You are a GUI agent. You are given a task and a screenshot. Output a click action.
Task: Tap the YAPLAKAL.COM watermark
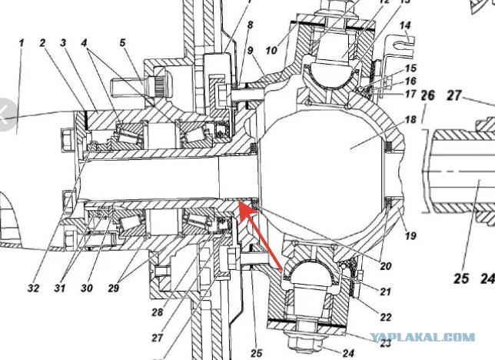pyautogui.click(x=423, y=337)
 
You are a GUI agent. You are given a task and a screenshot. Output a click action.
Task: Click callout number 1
pyautogui.click(x=22, y=43)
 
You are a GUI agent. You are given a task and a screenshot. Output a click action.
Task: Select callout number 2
pyautogui.click(x=42, y=43)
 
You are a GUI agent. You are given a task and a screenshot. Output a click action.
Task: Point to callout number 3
pyautogui.click(x=64, y=43)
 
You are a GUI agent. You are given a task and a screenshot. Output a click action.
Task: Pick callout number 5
pyautogui.click(x=122, y=42)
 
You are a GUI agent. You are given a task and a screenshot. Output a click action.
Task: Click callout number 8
pyautogui.click(x=250, y=25)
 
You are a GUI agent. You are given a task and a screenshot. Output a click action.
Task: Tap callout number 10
pyautogui.click(x=271, y=50)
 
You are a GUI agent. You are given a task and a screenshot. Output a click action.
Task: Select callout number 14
pyautogui.click(x=405, y=25)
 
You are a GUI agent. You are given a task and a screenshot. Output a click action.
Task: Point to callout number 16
pyautogui.click(x=410, y=81)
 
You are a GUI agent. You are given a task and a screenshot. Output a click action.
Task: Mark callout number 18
pyautogui.click(x=410, y=119)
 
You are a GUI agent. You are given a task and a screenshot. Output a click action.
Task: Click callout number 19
pyautogui.click(x=410, y=235)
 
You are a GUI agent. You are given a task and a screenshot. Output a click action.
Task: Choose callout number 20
pyautogui.click(x=385, y=266)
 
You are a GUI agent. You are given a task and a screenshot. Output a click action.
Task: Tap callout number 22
pyautogui.click(x=385, y=317)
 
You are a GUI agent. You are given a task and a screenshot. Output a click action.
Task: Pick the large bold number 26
pyautogui.click(x=428, y=95)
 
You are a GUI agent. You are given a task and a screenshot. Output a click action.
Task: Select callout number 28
pyautogui.click(x=157, y=312)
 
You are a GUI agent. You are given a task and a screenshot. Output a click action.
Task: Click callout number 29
pyautogui.click(x=113, y=288)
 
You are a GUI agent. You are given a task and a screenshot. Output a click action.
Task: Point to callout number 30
pyautogui.click(x=87, y=288)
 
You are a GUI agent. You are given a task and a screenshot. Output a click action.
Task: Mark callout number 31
pyautogui.click(x=60, y=288)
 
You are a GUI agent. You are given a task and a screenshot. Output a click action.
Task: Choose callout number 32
pyautogui.click(x=33, y=288)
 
